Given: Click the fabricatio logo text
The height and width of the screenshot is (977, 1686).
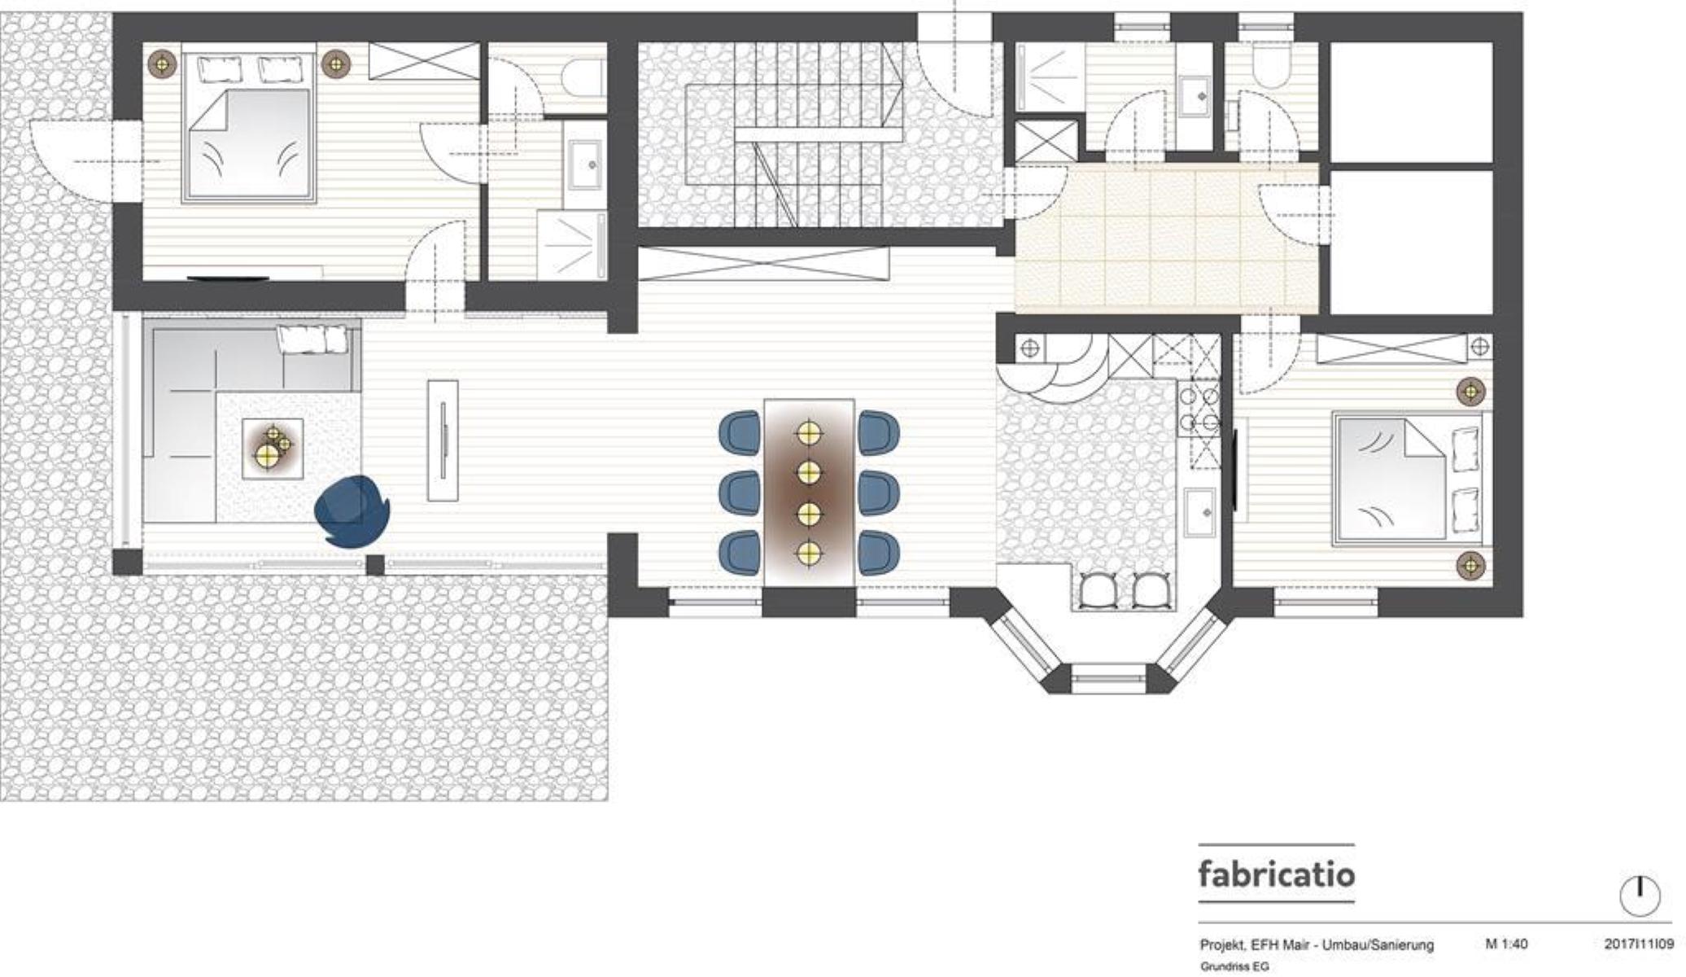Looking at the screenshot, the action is tap(1276, 874).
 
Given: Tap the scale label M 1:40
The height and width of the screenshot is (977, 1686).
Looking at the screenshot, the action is tap(1506, 944).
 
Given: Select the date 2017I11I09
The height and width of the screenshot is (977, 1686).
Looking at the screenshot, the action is tap(1638, 944).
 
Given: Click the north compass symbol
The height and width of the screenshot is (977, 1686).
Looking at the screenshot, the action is tap(1640, 896).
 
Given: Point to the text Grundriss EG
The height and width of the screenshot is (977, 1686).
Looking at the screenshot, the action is tap(1234, 966).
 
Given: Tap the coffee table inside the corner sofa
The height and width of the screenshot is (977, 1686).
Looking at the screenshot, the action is tap(273, 449).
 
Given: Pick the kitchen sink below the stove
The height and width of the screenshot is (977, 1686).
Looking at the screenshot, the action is tap(1200, 512).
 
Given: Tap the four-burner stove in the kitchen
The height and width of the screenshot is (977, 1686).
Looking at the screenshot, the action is tap(1200, 410).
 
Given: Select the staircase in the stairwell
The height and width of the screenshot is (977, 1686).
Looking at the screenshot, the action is tap(793, 135).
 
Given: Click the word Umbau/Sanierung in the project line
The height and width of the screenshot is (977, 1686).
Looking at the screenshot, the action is tap(1378, 945).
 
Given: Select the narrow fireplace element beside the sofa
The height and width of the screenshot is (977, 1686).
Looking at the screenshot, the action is tap(443, 440).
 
